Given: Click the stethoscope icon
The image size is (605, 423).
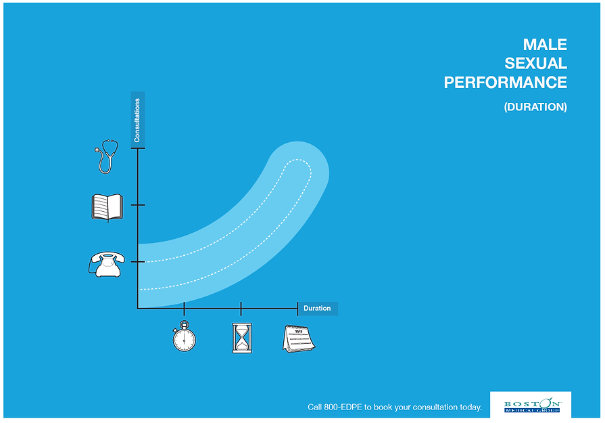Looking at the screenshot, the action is [106, 156].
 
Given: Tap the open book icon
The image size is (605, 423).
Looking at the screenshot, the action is [107, 206].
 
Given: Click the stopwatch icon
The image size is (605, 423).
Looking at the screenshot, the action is [184, 337].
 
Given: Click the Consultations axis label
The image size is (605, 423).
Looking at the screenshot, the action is [137, 120].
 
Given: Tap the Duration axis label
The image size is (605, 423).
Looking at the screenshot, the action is [317, 309].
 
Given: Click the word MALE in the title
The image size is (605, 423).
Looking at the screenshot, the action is [545, 45].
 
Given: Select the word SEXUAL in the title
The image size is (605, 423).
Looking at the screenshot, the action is [535, 64].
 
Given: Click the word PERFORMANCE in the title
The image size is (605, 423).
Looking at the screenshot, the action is [505, 83].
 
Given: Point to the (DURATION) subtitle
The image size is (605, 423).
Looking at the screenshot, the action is [535, 107].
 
